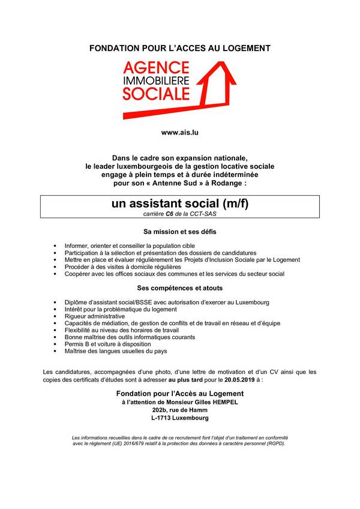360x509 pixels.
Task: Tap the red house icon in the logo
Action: point(216,84)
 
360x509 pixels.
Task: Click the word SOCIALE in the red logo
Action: point(157,93)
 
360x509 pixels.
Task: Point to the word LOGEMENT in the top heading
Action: point(247,47)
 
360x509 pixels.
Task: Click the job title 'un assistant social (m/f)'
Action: point(180,204)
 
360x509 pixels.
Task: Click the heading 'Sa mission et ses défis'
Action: point(180,231)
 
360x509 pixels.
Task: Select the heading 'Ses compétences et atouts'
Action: point(180,288)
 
